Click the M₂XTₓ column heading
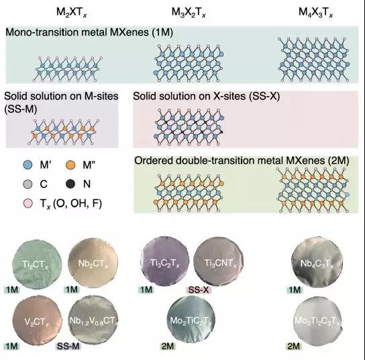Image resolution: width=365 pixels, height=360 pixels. pyautogui.click(x=72, y=12)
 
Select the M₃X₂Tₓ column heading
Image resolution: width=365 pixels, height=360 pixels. pyautogui.click(x=189, y=12)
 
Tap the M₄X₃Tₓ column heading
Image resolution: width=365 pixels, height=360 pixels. pyautogui.click(x=315, y=12)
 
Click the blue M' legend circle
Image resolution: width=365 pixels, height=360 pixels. pyautogui.click(x=28, y=165)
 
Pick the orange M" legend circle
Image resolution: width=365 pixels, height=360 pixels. pyautogui.click(x=70, y=165)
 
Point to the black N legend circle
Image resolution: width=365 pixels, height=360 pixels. pyautogui.click(x=70, y=184)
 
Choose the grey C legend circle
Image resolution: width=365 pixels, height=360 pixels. pyautogui.click(x=28, y=184)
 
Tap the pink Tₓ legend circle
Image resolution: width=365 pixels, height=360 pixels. pyautogui.click(x=28, y=204)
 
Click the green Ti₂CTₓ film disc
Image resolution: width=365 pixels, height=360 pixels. pyautogui.click(x=37, y=265)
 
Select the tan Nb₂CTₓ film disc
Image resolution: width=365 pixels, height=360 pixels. pyautogui.click(x=93, y=263)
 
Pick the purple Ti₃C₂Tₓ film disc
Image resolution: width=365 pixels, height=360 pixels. pyautogui.click(x=165, y=261)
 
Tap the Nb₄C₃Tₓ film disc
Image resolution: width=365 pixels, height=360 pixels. pyautogui.click(x=317, y=263)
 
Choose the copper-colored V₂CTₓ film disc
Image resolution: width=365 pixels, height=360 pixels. pyautogui.click(x=37, y=321)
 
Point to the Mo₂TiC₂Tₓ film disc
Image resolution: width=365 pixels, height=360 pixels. pyautogui.click(x=191, y=320)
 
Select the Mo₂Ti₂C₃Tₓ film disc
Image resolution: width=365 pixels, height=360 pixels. pyautogui.click(x=317, y=321)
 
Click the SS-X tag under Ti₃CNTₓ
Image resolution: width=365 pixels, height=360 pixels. pyautogui.click(x=199, y=289)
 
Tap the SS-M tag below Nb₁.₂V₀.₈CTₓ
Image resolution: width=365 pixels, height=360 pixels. pyautogui.click(x=68, y=346)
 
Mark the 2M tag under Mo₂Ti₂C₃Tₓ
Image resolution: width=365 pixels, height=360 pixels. pyautogui.click(x=294, y=346)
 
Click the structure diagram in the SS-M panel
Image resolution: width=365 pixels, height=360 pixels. pyautogui.click(x=64, y=132)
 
